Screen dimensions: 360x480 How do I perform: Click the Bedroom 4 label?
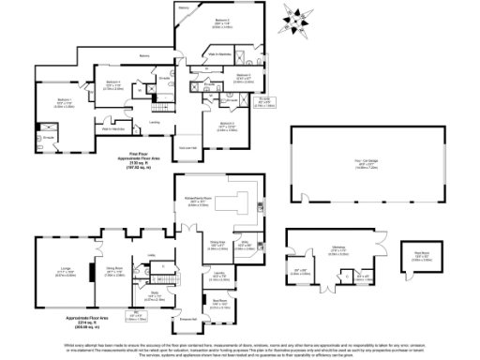[x=114, y=86]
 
